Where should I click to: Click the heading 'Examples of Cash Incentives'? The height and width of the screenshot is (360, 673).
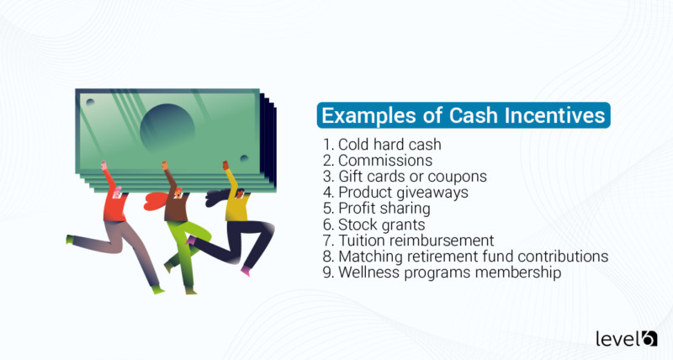(464, 114)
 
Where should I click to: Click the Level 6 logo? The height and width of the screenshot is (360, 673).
(626, 337)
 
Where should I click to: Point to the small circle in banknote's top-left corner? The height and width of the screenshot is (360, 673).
(90, 102)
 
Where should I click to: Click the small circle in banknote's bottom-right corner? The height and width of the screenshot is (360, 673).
(244, 158)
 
